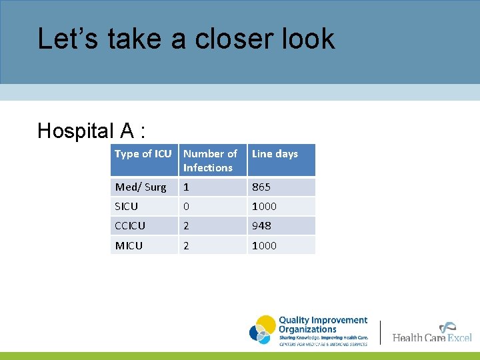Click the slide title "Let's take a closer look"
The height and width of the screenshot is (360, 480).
186,39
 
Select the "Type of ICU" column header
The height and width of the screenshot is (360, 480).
143,154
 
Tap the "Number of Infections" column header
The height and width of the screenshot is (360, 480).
210,161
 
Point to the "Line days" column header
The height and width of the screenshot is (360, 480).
275,154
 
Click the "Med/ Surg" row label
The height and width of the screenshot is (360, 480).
141,187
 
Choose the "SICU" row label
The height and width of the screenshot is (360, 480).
127,207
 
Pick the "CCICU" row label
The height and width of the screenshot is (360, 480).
131,226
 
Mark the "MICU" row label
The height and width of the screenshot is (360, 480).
129,245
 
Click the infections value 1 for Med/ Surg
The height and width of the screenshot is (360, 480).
187,187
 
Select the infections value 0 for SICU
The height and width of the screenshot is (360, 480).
187,207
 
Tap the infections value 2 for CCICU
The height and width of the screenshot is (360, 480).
187,226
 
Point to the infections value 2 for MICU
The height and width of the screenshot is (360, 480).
187,245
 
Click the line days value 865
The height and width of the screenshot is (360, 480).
261,187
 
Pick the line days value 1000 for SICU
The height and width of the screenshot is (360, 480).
264,207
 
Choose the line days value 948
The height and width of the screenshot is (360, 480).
261,226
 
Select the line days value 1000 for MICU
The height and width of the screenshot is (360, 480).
264,245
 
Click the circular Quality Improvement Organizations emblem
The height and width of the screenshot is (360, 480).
263,330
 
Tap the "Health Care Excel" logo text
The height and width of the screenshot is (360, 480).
432,337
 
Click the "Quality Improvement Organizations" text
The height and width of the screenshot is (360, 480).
323,325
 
